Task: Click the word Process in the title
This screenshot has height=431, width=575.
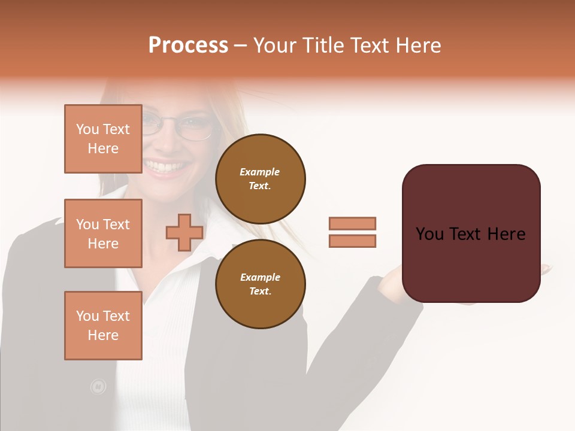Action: click(x=188, y=45)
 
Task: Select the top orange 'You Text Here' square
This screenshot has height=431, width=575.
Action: click(x=103, y=139)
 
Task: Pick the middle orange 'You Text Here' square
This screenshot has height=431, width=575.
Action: click(x=103, y=233)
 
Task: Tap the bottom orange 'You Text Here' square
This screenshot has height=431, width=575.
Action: click(x=103, y=326)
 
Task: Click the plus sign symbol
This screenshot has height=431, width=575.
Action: click(x=184, y=233)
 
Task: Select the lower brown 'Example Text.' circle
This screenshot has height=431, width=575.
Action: click(x=260, y=284)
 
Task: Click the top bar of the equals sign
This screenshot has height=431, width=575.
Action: click(x=352, y=223)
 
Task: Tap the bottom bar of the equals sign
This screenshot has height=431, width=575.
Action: click(x=352, y=241)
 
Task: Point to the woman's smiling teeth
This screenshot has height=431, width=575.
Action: click(x=163, y=165)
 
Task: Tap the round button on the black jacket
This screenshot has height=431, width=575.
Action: click(x=98, y=387)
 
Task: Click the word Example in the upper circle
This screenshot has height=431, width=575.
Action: click(x=260, y=172)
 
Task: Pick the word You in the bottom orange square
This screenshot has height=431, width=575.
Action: click(x=87, y=316)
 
